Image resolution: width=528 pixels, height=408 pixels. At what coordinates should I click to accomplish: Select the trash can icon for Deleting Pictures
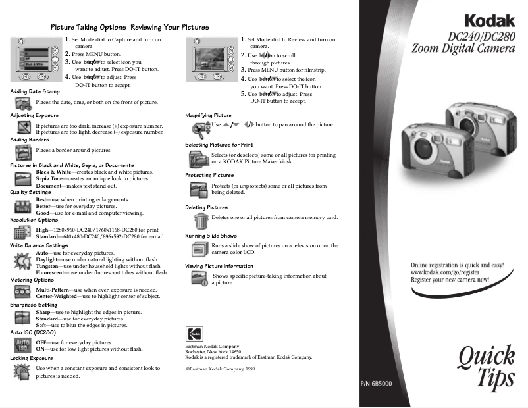tap(200, 219)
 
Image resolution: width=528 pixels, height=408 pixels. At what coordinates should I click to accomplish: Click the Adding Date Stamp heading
tap(35, 91)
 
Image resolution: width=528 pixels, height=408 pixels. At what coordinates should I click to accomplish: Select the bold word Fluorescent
tap(54, 272)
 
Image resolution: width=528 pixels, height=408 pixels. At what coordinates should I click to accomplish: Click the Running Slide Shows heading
tap(211, 236)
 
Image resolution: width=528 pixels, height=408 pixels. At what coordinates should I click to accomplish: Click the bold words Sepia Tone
tap(50, 178)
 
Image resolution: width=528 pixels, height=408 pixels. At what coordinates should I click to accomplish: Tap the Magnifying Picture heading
tap(208, 115)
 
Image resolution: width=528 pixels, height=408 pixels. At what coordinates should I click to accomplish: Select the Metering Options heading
tap(32, 280)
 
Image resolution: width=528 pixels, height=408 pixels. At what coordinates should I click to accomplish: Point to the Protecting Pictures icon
tap(198, 189)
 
